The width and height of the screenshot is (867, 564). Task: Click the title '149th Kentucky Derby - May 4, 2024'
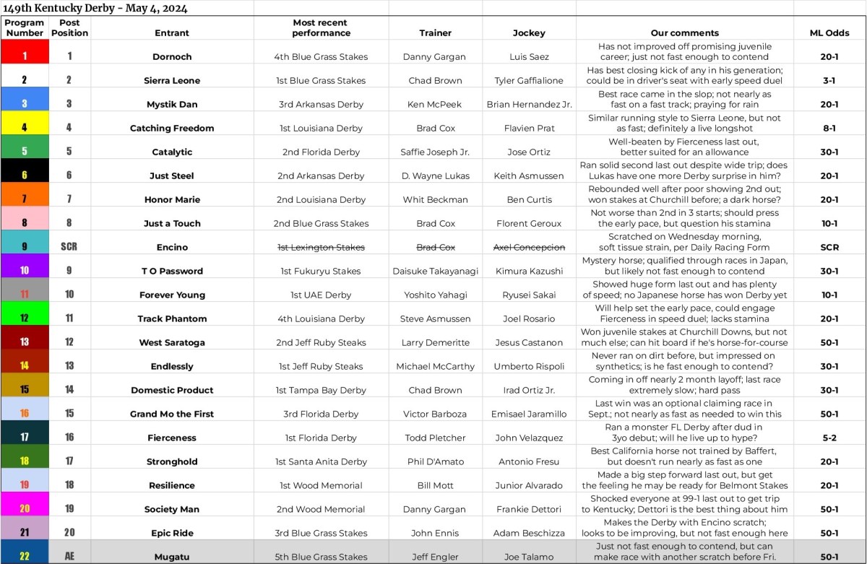(x=95, y=8)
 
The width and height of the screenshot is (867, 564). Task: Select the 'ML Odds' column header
(x=829, y=32)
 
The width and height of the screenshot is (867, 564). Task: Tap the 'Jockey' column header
(x=528, y=32)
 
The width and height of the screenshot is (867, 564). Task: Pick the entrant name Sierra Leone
(x=172, y=80)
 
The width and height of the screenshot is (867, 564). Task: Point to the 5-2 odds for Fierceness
(x=829, y=438)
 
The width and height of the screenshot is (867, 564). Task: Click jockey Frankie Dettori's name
(x=528, y=509)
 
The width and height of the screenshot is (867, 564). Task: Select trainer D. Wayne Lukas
(x=436, y=175)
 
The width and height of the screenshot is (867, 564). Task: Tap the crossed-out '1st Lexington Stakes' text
(x=321, y=247)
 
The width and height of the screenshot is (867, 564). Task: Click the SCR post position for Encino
(x=69, y=247)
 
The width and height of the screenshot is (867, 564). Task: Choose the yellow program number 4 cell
(x=25, y=128)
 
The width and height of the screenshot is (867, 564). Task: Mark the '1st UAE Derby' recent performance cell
(x=321, y=295)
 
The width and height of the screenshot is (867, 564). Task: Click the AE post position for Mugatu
(x=69, y=557)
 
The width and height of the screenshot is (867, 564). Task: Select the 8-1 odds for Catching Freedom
(x=829, y=128)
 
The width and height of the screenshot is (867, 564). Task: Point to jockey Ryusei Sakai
(x=528, y=295)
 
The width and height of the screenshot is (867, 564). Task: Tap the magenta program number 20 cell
(x=25, y=509)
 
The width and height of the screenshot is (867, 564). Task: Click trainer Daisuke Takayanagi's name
(x=436, y=271)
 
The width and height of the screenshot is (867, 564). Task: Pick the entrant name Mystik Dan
(x=172, y=104)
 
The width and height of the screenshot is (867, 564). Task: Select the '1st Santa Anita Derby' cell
(x=321, y=461)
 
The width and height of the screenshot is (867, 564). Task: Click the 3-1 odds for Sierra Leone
(x=829, y=80)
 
